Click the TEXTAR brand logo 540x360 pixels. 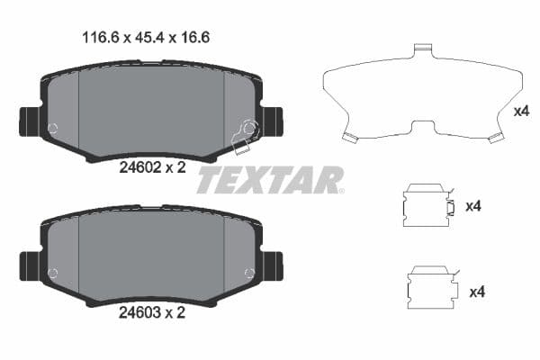tap(270, 180)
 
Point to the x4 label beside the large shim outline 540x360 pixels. tap(520, 112)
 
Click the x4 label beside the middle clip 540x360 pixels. tap(474, 206)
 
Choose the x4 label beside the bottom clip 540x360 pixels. tap(477, 292)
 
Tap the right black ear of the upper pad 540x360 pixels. tap(272, 119)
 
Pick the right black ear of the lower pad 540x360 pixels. tap(272, 265)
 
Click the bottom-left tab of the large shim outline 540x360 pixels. tap(350, 137)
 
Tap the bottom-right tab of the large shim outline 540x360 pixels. tap(493, 138)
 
